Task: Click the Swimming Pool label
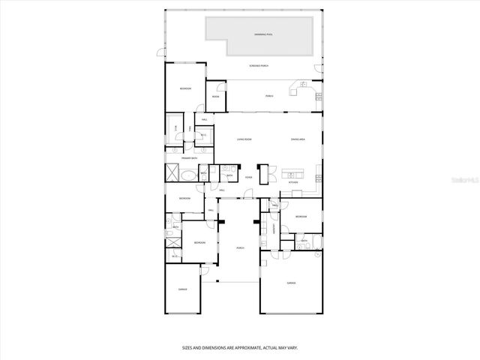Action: point(262,35)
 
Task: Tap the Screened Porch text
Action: point(259,66)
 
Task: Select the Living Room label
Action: point(244,139)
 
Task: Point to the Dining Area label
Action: point(298,139)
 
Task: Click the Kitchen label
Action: point(294,183)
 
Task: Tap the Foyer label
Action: point(248,178)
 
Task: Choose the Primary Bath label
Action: point(178,158)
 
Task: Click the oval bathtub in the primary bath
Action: point(190,175)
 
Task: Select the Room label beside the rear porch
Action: point(215,97)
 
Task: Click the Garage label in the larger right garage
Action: point(291,283)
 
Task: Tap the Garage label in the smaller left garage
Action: point(182,289)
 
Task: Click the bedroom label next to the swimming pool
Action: point(184,88)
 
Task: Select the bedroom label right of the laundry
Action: point(301,217)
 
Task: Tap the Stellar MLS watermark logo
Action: point(464,180)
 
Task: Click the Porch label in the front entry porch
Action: point(240,247)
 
